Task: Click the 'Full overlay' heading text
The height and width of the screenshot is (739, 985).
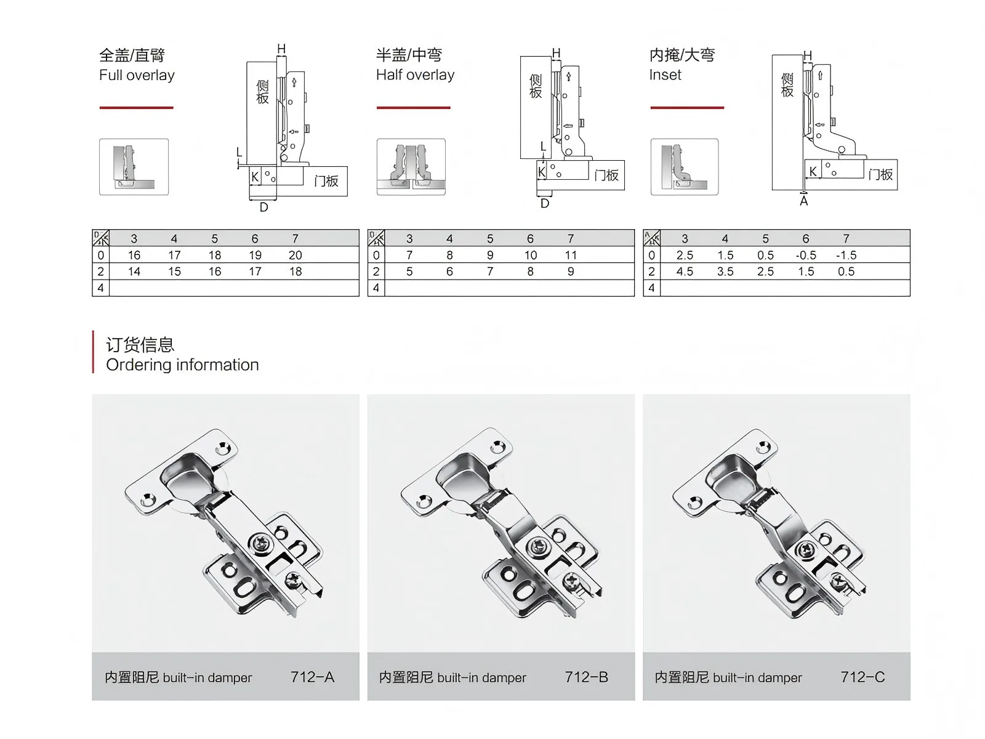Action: coord(137,75)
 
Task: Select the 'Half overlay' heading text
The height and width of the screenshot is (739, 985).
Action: coord(415,75)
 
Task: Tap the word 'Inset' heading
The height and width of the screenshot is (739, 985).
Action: coord(665,75)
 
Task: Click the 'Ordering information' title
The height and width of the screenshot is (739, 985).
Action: coord(182,365)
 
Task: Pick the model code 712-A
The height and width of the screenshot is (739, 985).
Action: coord(312,677)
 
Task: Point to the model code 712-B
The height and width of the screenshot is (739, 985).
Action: coord(586,677)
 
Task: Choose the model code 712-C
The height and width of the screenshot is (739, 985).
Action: coord(862,677)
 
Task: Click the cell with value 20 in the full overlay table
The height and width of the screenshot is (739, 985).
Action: coord(295,255)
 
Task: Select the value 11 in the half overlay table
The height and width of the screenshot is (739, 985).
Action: coord(571,255)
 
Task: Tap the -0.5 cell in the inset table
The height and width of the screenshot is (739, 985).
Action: coord(806,255)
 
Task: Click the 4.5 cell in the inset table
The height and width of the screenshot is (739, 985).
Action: coord(685,272)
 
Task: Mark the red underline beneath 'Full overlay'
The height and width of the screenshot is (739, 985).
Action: coord(136,108)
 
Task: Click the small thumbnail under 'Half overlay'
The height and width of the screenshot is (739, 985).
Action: coord(411,167)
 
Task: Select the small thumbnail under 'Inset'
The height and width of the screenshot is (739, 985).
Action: coord(684,167)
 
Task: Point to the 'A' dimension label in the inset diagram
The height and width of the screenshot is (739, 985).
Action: coord(803,201)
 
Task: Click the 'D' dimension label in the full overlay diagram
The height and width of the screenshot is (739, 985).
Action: coord(263,208)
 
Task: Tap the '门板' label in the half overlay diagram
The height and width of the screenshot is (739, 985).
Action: coord(606,176)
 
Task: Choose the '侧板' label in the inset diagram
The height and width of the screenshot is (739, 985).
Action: coord(787,85)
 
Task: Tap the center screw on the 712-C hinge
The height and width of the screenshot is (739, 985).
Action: coord(805,550)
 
